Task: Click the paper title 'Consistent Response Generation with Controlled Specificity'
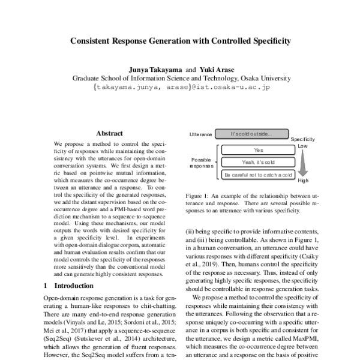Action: (180, 42)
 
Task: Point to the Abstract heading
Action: (109, 133)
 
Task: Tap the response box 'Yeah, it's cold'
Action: (259, 162)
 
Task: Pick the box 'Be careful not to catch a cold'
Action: (259, 175)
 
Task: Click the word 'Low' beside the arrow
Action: (304, 145)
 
